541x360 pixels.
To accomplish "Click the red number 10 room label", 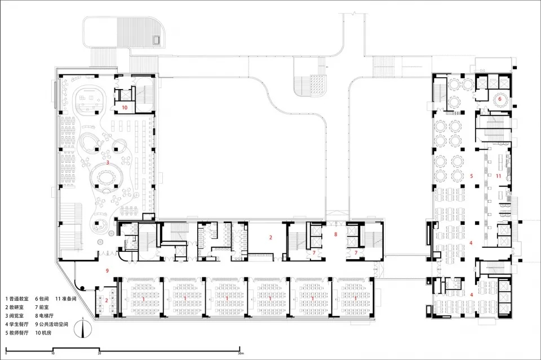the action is [x=125, y=108].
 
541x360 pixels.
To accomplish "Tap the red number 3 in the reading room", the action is [x=108, y=162].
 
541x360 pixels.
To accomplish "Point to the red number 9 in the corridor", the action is [x=107, y=270].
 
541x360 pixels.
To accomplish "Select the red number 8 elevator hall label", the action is [x=335, y=234].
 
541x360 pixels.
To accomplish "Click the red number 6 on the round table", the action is [x=499, y=99].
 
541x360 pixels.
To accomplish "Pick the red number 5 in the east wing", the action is [x=471, y=176].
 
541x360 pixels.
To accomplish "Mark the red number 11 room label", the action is [x=498, y=176].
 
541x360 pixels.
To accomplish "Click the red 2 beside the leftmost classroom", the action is [x=107, y=300].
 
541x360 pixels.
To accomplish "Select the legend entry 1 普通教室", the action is [x=17, y=299].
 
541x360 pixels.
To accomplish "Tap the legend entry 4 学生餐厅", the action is [x=17, y=324].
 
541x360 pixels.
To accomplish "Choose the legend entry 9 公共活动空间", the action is [x=52, y=324].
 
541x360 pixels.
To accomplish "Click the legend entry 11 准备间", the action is [x=66, y=299].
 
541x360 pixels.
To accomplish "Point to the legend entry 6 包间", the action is [x=42, y=299].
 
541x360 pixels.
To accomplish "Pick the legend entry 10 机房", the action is [x=43, y=333].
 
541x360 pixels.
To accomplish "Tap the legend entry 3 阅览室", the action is [x=15, y=315].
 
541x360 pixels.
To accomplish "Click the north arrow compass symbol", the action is [x=83, y=328].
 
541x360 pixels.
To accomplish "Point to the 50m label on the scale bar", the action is [x=241, y=353].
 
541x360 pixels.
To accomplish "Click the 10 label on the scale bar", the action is [x=53, y=353].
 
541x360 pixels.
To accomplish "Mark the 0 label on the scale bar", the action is [x=6, y=353].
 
